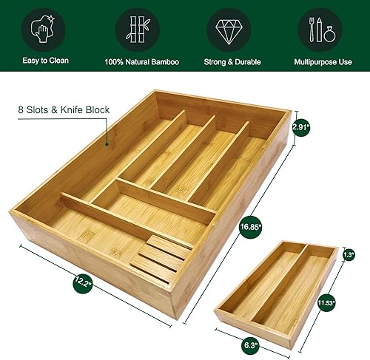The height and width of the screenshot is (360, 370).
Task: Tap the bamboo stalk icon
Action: (137, 30)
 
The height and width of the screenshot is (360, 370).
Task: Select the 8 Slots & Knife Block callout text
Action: (63, 109)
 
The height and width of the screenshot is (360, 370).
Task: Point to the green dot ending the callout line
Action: (107, 146)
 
